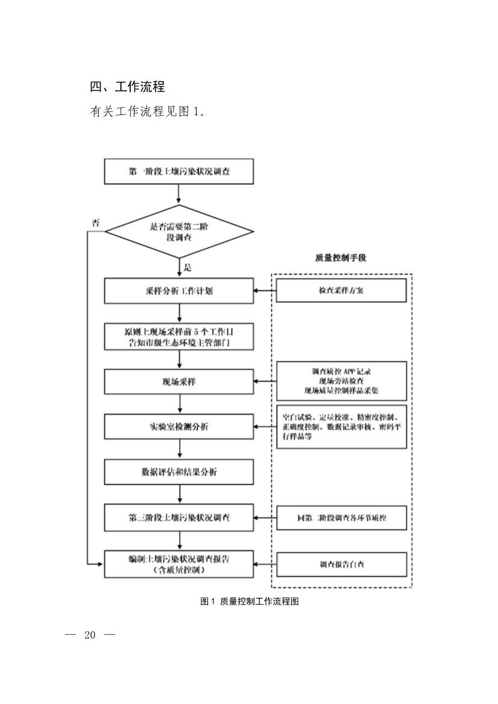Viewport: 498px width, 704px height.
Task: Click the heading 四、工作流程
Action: point(127,87)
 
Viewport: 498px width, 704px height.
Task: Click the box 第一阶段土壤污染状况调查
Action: point(179,172)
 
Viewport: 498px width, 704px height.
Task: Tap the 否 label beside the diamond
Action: point(95,222)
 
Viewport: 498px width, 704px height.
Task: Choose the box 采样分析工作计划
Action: point(179,291)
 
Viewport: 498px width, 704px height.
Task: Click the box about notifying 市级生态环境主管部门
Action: point(179,337)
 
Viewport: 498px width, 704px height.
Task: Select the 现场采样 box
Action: point(179,382)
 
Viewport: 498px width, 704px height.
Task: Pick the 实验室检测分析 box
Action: point(179,427)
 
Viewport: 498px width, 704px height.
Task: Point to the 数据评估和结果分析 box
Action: point(179,472)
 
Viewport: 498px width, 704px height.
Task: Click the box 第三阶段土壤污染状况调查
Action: point(179,518)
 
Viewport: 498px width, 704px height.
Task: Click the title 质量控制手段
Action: point(341,258)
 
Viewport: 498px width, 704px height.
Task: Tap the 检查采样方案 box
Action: point(341,291)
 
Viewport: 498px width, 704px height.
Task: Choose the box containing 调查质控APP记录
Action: point(341,381)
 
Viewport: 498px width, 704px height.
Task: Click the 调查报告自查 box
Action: point(341,564)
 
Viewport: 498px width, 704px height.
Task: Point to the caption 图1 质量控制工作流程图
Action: point(249,601)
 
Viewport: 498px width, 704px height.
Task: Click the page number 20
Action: point(90,635)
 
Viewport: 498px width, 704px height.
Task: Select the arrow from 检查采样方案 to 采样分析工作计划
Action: point(265,291)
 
